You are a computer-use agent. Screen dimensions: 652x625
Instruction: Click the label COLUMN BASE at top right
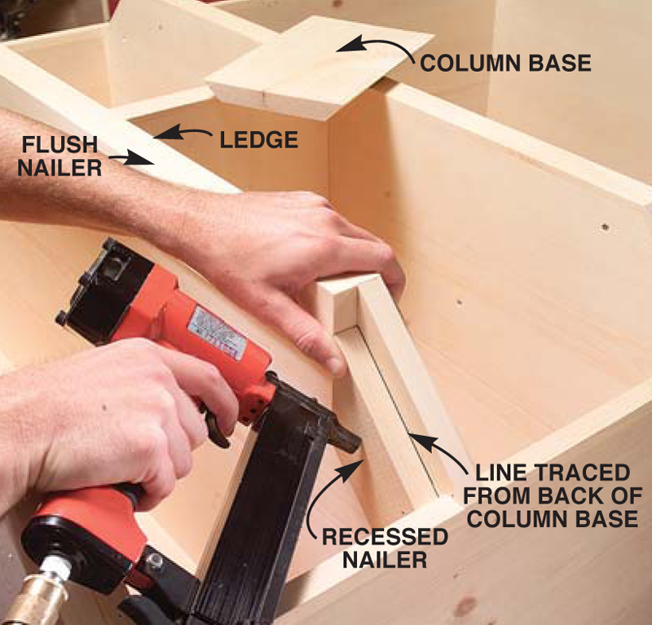(505, 63)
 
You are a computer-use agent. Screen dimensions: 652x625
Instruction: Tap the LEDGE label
(258, 139)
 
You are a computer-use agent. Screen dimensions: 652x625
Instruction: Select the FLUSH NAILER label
(59, 156)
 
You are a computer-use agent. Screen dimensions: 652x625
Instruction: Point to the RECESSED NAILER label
(385, 548)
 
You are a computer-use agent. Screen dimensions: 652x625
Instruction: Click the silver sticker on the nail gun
(216, 333)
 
